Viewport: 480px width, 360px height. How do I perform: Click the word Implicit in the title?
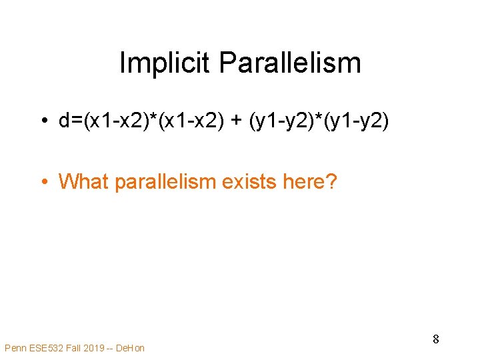click(165, 63)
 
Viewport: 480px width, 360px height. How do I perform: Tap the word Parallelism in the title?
click(289, 63)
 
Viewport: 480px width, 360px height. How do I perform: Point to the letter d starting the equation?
click(64, 121)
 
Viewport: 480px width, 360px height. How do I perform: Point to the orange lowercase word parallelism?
click(166, 181)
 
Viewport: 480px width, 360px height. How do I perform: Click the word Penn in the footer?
click(15, 347)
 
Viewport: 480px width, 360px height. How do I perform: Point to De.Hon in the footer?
click(130, 347)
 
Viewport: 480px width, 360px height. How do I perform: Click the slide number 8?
click(435, 339)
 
